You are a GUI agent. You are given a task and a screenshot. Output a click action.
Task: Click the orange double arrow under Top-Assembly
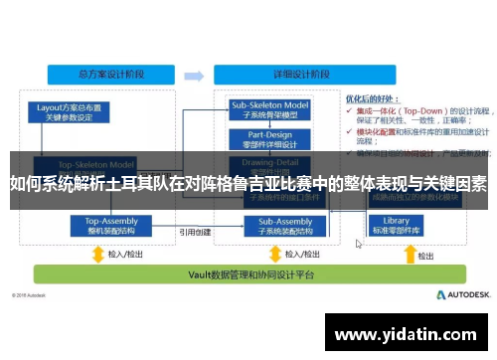(x=98, y=253)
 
